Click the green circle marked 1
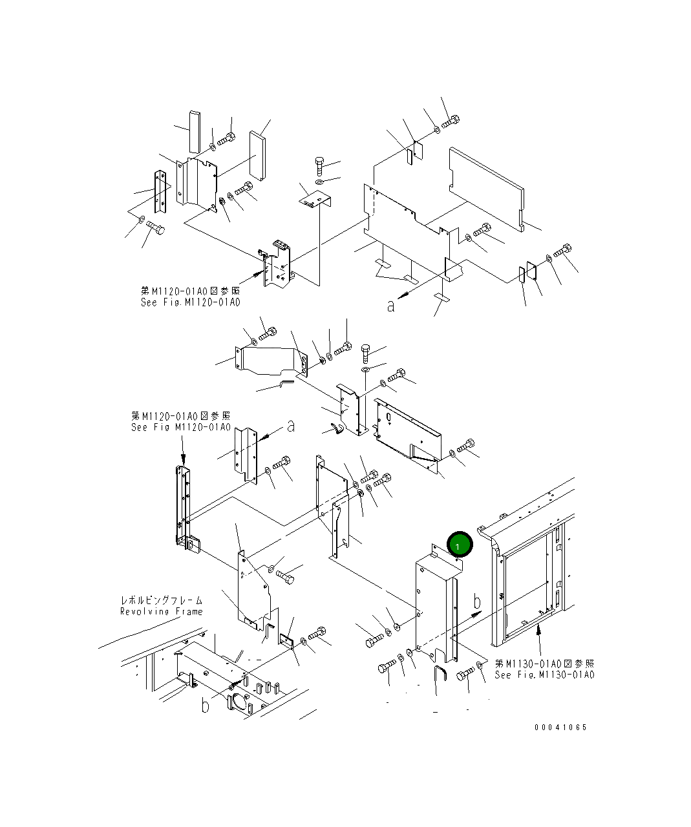[459, 544]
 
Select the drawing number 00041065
[560, 728]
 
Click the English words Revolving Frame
[161, 611]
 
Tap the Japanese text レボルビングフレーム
[161, 600]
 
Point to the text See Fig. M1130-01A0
[544, 675]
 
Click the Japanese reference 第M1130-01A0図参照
[544, 664]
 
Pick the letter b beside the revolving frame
[205, 706]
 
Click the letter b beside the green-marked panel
[477, 602]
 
